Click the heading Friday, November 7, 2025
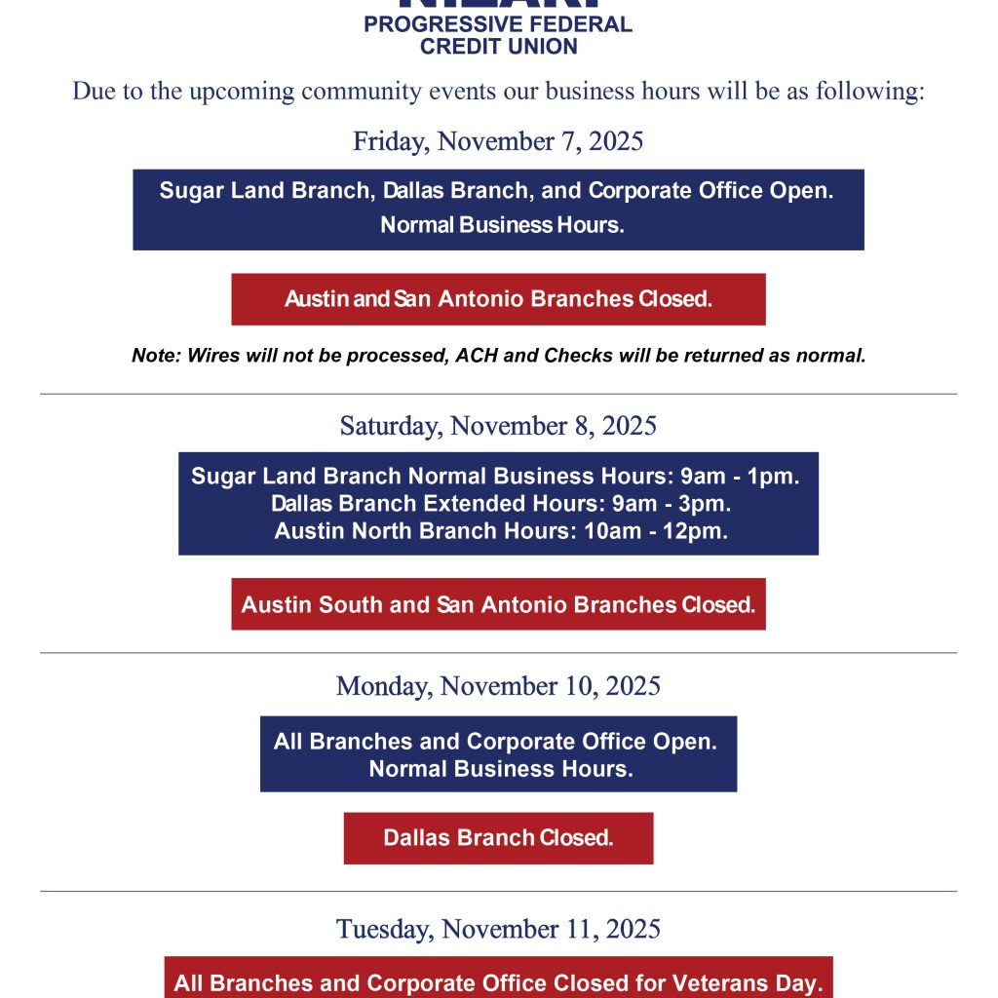point(498,141)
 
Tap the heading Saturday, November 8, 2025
point(498,426)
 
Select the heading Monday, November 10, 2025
point(498,686)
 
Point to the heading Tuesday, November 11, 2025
point(498,929)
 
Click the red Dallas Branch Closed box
point(498,838)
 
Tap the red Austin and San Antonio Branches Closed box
point(498,299)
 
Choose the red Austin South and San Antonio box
point(498,604)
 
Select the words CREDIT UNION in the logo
point(498,46)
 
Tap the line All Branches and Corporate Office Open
point(495,742)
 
